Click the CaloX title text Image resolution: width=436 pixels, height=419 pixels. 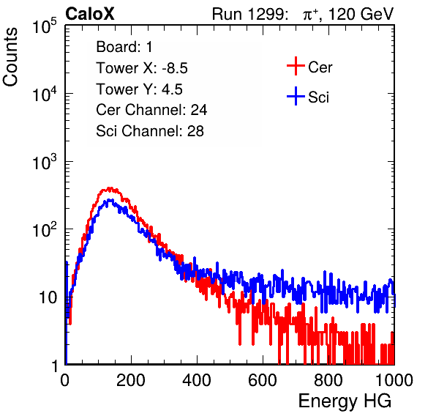(90, 14)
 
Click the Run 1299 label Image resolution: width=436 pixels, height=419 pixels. (249, 14)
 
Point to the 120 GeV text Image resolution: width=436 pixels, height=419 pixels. (361, 14)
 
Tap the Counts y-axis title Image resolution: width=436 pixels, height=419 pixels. (10, 57)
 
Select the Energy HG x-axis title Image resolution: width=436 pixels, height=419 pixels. (345, 401)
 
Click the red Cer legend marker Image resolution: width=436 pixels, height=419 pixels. (296, 66)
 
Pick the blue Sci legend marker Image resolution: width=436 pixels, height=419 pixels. (296, 97)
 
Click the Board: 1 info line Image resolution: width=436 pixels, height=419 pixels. (124, 46)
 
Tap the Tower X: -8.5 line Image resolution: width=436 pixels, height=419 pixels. (142, 67)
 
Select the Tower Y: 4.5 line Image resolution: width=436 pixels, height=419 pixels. (139, 89)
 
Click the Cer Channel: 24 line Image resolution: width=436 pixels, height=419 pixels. (151, 110)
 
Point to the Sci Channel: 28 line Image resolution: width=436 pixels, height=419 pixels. (150, 131)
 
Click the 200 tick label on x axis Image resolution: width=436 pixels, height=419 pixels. (131, 380)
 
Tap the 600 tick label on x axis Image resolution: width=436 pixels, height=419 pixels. (263, 380)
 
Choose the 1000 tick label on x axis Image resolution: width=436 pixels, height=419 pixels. (394, 380)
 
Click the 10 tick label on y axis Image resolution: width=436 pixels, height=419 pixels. (48, 297)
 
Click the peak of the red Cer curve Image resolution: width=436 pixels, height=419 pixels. (110, 188)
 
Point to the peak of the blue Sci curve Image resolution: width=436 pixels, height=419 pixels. (109, 200)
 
